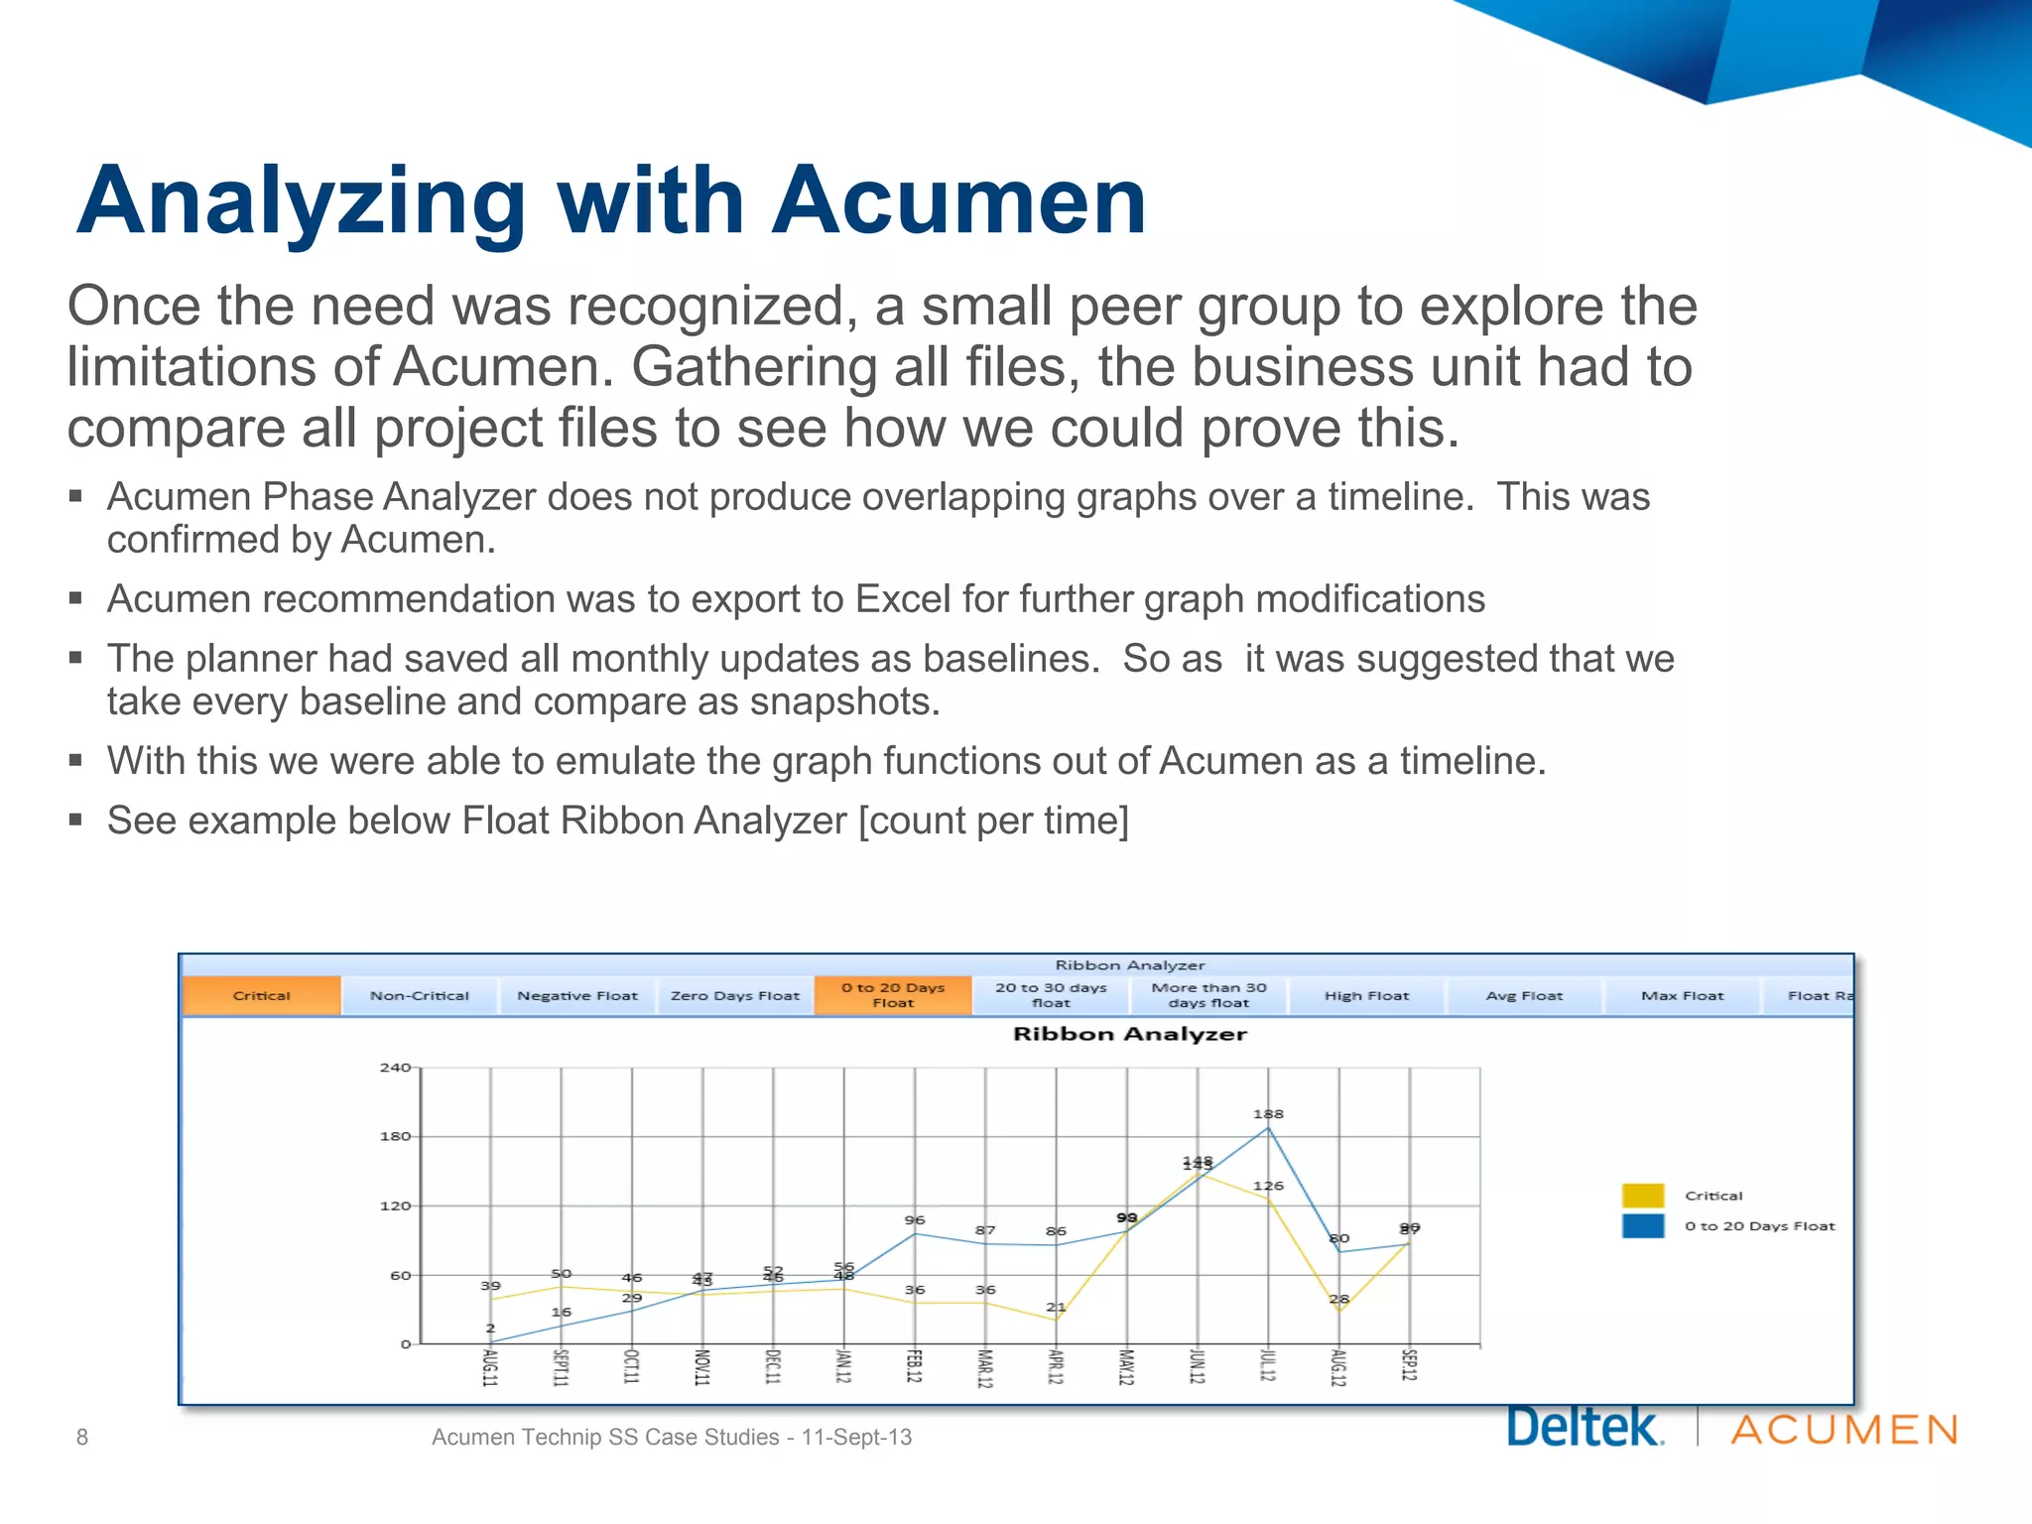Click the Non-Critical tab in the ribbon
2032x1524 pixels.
click(x=419, y=995)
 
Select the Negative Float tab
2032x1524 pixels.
click(x=576, y=995)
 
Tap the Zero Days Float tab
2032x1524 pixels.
click(x=734, y=995)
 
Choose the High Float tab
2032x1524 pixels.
click(x=1366, y=995)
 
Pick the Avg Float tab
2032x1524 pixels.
click(x=1524, y=995)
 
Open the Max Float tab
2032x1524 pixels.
click(x=1682, y=995)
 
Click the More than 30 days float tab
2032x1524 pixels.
click(x=1208, y=995)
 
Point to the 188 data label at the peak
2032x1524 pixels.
click(x=1268, y=1114)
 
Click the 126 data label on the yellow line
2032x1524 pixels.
click(x=1268, y=1186)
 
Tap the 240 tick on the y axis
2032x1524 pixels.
click(x=395, y=1068)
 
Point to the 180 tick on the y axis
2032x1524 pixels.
click(x=395, y=1136)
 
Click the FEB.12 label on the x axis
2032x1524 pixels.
click(x=914, y=1366)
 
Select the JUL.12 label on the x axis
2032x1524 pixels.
click(x=1267, y=1366)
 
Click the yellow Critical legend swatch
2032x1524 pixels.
click(x=1643, y=1196)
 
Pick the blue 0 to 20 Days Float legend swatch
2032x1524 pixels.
click(x=1643, y=1226)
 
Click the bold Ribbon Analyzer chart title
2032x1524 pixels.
click(x=1129, y=1034)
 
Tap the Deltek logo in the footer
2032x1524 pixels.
click(x=1585, y=1428)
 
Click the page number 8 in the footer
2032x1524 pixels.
click(x=82, y=1437)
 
